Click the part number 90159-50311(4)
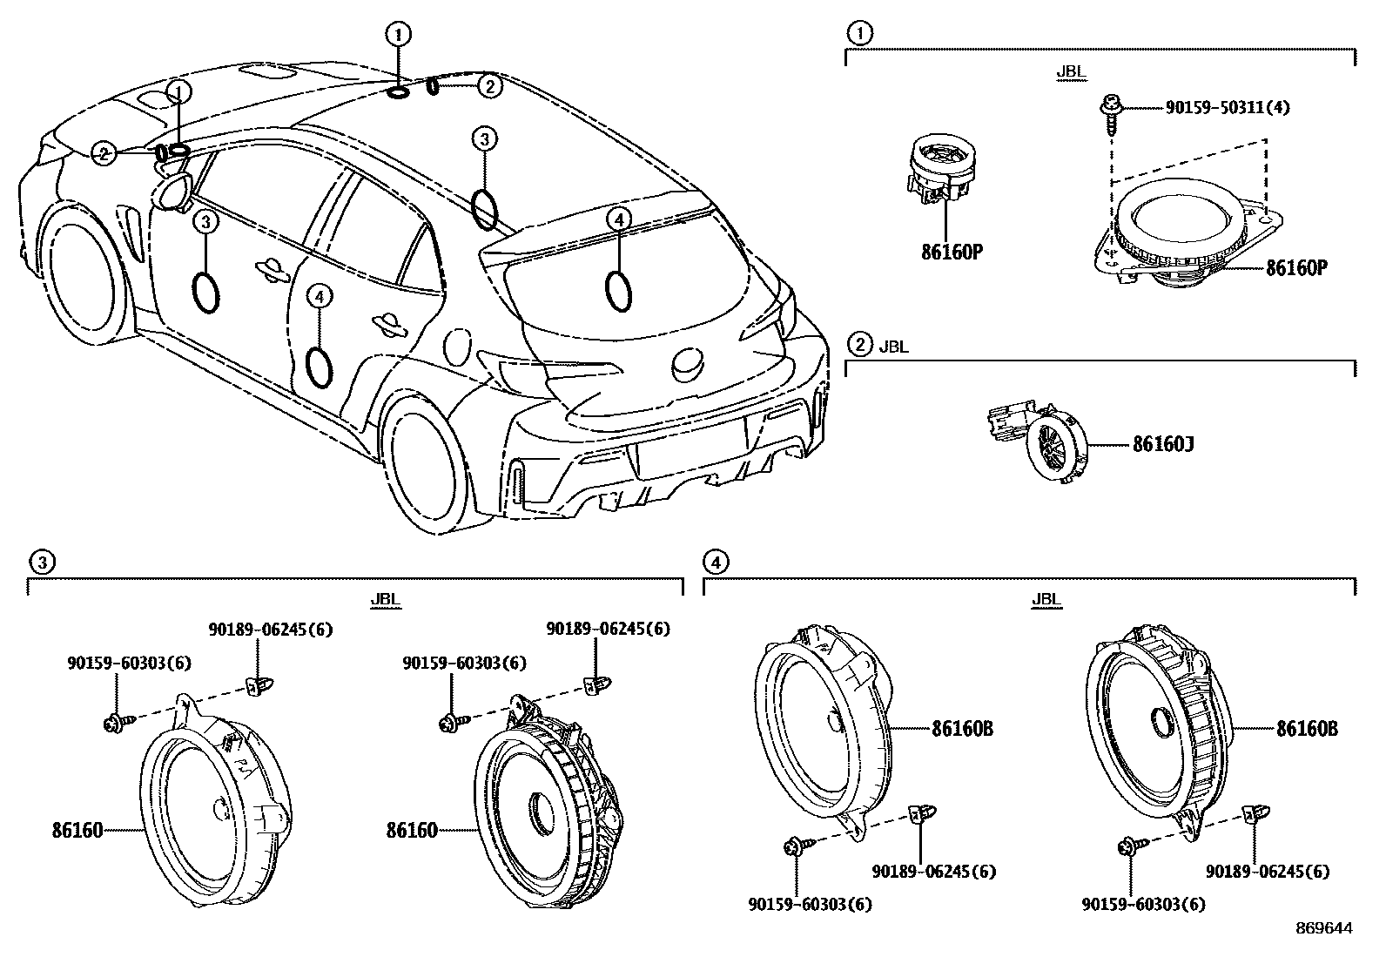(x=1228, y=108)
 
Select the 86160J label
(x=1162, y=445)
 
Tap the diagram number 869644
(x=1323, y=928)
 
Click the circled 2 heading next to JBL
(x=859, y=346)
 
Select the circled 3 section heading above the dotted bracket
(x=40, y=563)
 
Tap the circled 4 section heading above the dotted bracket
(x=715, y=563)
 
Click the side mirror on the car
(x=176, y=192)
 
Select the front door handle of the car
(x=272, y=269)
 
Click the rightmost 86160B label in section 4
(x=1307, y=728)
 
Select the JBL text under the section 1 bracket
(x=1071, y=72)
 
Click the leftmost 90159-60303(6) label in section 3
(x=129, y=663)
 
